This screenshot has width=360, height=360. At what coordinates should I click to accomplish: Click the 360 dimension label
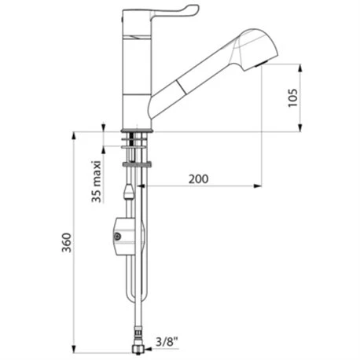[67, 242]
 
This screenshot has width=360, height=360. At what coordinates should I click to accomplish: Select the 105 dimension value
[293, 97]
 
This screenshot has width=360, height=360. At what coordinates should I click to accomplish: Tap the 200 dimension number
[199, 179]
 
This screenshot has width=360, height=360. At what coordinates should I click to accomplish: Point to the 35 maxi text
[97, 182]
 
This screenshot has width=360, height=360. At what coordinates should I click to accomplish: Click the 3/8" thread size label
[167, 342]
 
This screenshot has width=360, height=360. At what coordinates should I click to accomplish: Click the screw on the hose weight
[117, 237]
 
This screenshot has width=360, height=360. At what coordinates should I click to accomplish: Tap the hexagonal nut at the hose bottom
[138, 349]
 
